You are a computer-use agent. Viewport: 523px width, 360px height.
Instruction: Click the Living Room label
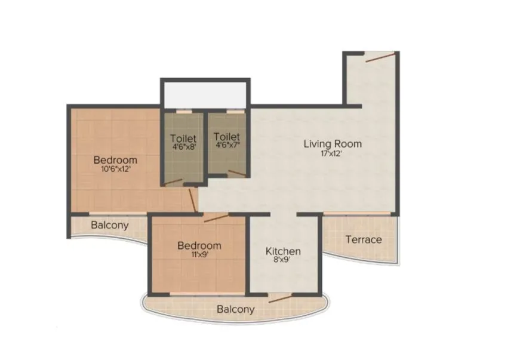(x=332, y=144)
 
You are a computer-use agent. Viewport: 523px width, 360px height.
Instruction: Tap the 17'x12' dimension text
(x=332, y=153)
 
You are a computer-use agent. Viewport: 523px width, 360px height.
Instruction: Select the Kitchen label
(x=282, y=251)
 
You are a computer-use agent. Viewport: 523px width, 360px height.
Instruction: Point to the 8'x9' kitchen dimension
(x=282, y=260)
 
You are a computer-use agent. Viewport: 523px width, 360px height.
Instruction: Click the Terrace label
(x=364, y=239)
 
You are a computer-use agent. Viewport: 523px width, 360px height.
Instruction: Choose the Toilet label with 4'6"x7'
(x=226, y=137)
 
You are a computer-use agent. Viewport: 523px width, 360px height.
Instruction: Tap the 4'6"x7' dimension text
(x=226, y=145)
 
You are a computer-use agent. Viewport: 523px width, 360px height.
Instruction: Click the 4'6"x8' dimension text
(x=183, y=145)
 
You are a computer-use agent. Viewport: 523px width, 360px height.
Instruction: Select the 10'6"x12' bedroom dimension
(x=115, y=169)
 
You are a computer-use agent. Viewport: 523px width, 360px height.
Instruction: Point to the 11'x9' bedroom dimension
(x=199, y=254)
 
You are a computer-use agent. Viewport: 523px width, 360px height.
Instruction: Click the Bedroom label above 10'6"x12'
(x=115, y=160)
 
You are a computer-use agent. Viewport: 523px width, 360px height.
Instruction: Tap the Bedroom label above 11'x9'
(x=199, y=245)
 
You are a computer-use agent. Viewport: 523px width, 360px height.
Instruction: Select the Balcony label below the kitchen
(x=235, y=309)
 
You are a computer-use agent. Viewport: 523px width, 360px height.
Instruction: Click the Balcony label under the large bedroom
(x=109, y=225)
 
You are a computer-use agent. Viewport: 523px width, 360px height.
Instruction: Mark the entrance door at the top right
(x=380, y=57)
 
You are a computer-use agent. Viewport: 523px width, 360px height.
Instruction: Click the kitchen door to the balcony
(x=279, y=297)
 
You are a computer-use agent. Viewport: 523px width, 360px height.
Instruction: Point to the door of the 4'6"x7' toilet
(x=236, y=174)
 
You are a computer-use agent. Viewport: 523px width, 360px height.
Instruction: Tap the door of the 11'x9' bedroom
(x=216, y=217)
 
